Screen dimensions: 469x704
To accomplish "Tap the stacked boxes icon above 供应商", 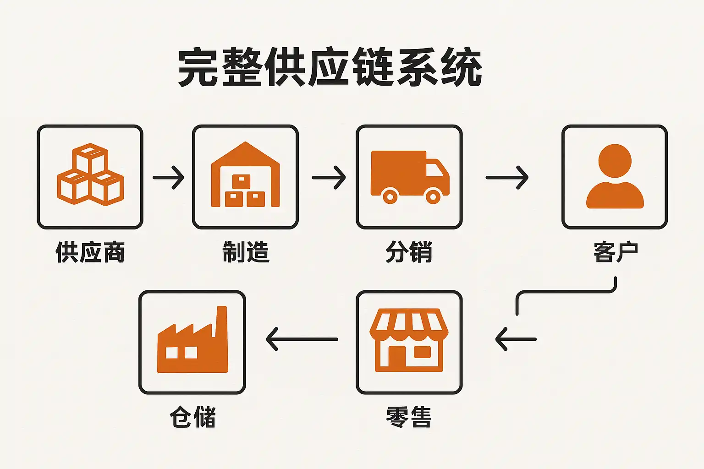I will tap(90, 175).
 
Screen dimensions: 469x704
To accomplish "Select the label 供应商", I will tap(90, 252).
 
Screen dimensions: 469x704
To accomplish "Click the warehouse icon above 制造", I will tap(245, 176).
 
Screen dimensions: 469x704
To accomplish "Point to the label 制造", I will tap(246, 252).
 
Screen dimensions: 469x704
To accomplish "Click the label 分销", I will tap(409, 252).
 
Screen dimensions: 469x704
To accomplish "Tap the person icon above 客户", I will tap(615, 177).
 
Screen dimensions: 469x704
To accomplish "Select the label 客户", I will tap(615, 252).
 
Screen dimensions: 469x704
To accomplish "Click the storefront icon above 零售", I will tap(409, 340).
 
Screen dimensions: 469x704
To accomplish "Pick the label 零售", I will tap(409, 417).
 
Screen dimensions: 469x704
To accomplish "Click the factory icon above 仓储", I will tap(192, 341).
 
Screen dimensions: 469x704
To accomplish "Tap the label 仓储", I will tap(192, 417).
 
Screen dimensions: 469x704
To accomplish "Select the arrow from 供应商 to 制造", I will tap(168, 177).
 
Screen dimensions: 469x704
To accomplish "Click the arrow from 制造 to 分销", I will tap(329, 177).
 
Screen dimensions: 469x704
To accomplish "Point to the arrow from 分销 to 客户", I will tap(507, 177).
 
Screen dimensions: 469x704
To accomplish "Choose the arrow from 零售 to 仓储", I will tap(302, 339).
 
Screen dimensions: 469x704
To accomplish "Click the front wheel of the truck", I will tap(433, 196).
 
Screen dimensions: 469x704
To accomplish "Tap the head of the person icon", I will tap(615, 161).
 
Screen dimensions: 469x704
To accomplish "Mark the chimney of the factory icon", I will tap(222, 321).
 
